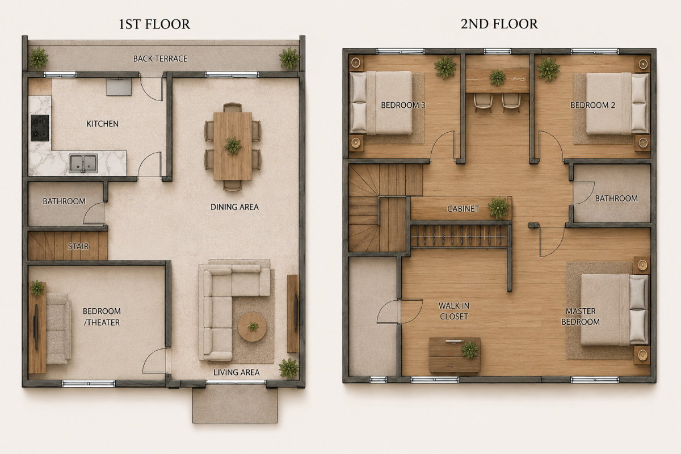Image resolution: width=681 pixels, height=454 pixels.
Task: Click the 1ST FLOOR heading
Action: [154, 24]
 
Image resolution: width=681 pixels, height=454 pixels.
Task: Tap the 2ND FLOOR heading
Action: [499, 24]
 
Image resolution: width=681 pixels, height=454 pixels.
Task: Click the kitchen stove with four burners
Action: [40, 128]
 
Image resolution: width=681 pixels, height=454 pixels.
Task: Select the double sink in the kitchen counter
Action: [83, 163]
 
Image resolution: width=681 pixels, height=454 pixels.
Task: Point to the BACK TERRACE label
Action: [160, 58]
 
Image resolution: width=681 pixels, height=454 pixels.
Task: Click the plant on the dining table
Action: [233, 145]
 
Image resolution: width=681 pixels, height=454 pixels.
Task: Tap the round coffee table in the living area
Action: [253, 327]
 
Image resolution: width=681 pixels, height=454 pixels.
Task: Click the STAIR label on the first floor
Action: [78, 246]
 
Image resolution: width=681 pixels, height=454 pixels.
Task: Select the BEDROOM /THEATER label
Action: [102, 317]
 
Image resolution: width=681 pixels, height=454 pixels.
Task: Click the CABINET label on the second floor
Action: [463, 209]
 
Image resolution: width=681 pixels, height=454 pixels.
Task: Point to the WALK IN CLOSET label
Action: [454, 311]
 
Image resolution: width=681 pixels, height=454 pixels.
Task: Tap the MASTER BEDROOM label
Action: [581, 317]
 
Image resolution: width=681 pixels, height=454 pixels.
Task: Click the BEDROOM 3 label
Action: [403, 105]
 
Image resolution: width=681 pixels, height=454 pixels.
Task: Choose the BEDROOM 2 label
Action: [592, 105]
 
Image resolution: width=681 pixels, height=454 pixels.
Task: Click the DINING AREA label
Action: [234, 207]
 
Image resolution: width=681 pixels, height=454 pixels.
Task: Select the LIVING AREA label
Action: [237, 372]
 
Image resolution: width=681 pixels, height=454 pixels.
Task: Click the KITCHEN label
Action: [103, 124]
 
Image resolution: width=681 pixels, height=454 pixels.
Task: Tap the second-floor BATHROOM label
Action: [616, 199]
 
